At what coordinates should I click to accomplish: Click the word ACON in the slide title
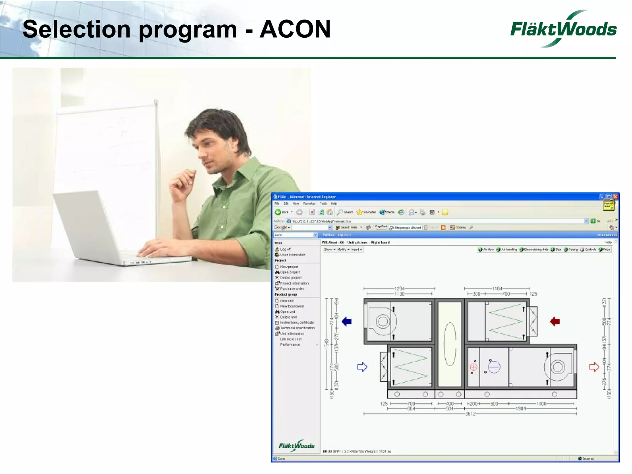click(x=295, y=29)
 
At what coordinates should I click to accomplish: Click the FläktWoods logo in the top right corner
click(x=563, y=29)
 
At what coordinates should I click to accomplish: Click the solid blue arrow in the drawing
click(x=347, y=322)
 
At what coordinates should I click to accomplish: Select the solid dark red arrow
click(x=555, y=322)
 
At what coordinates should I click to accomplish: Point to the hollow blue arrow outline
click(x=362, y=367)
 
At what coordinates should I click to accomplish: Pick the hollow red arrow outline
click(x=594, y=367)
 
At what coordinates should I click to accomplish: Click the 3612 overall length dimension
click(x=470, y=414)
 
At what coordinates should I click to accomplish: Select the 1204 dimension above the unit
click(x=399, y=289)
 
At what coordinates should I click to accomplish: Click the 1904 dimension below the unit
click(x=521, y=409)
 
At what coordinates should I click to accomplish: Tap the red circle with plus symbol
click(x=474, y=367)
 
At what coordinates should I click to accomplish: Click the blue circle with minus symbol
click(x=494, y=367)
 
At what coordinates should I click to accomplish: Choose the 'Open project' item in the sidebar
click(x=289, y=272)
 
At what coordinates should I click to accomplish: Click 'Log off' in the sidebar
click(x=285, y=249)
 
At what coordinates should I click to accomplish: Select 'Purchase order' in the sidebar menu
click(x=292, y=289)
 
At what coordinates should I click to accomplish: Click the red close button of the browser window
click(x=615, y=197)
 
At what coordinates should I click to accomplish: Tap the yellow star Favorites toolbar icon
click(x=360, y=212)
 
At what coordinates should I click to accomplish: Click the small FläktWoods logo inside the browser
click(x=296, y=446)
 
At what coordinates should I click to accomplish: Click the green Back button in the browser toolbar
click(x=278, y=212)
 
